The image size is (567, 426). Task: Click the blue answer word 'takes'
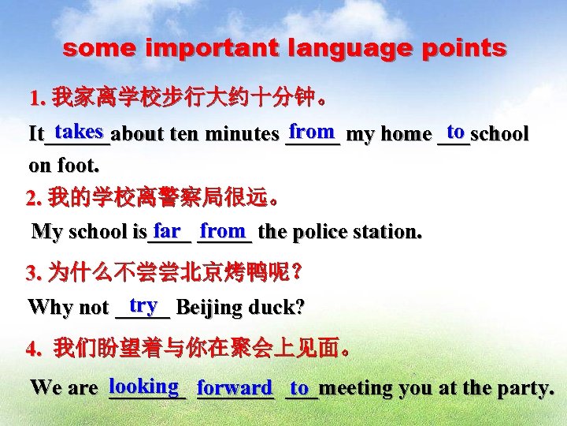tap(80, 131)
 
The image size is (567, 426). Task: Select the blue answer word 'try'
tap(143, 305)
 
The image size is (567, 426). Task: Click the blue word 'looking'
tap(143, 387)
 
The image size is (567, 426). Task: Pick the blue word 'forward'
tap(235, 388)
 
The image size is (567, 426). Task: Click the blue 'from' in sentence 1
tap(312, 131)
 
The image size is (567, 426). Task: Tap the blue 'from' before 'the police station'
tap(223, 231)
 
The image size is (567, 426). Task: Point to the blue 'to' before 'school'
tap(454, 131)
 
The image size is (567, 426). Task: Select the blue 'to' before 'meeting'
tap(299, 388)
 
